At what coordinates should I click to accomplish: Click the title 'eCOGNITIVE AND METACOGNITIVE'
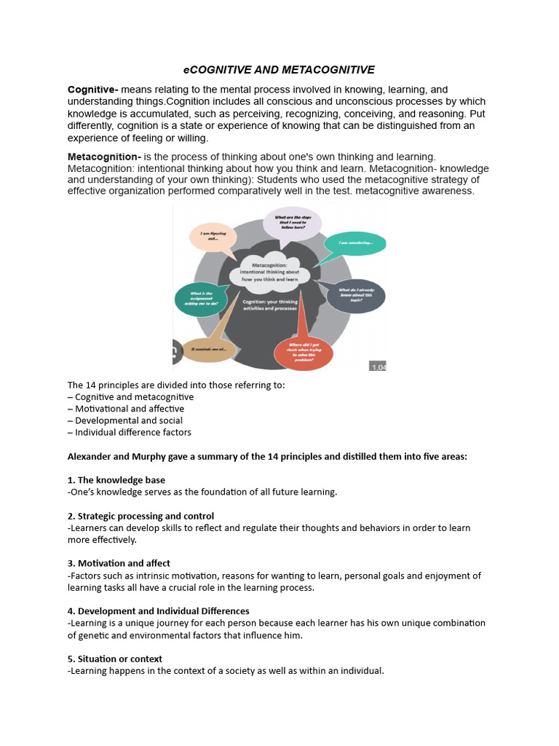[279, 70]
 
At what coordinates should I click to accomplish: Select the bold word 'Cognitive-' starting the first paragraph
[93, 90]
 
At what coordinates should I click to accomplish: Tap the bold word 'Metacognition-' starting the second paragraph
[104, 157]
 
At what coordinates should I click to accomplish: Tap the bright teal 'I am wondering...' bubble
[354, 243]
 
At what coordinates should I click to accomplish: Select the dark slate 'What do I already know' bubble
[355, 294]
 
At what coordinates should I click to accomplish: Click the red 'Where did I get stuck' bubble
[303, 353]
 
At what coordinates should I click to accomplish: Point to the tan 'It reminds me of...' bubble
[209, 350]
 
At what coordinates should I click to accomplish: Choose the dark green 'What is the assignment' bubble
[202, 299]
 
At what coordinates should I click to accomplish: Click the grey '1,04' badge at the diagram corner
[378, 367]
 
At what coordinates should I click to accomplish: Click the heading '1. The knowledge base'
[116, 480]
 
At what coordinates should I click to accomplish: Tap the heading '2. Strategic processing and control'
[141, 516]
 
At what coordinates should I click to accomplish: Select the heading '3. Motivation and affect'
[119, 563]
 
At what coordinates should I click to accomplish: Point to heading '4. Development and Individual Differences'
[159, 610]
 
